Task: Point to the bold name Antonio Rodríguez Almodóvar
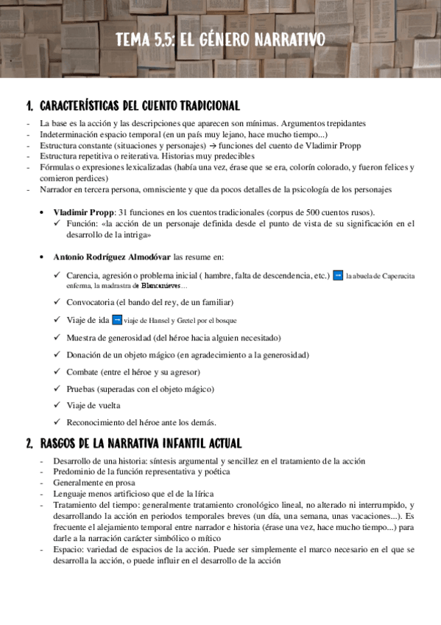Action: [x=112, y=257]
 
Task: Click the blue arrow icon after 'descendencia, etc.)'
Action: [x=338, y=276]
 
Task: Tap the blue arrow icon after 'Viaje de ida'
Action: [x=116, y=320]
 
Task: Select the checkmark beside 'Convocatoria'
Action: [x=57, y=302]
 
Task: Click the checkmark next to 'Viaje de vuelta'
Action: [x=57, y=405]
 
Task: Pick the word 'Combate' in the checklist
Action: [x=80, y=371]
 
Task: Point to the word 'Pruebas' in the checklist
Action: [x=80, y=388]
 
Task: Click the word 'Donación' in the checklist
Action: [x=83, y=355]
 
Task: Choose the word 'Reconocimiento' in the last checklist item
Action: [x=94, y=422]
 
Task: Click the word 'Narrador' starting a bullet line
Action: [x=56, y=189]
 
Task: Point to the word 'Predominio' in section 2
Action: [x=72, y=472]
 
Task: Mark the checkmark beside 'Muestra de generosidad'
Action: [x=57, y=338]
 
